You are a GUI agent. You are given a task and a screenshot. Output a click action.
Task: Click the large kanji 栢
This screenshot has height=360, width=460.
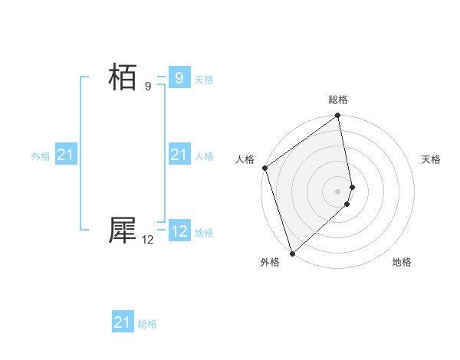pyautogui.click(x=123, y=78)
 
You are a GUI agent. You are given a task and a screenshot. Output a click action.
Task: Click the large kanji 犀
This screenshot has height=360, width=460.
pyautogui.click(x=123, y=230)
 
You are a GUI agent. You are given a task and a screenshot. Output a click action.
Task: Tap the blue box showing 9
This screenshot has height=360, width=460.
pyautogui.click(x=179, y=78)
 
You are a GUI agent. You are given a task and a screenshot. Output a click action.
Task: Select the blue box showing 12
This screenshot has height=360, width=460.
pyautogui.click(x=179, y=231)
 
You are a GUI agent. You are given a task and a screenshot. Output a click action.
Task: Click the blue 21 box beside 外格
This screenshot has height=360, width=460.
pyautogui.click(x=66, y=155)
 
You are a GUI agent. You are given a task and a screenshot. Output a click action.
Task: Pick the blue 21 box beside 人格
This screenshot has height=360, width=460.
pyautogui.click(x=179, y=155)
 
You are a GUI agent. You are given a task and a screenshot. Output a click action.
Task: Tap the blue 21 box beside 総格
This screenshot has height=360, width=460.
pyautogui.click(x=123, y=322)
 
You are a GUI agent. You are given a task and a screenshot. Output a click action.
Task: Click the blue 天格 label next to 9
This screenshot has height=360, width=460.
pyautogui.click(x=204, y=80)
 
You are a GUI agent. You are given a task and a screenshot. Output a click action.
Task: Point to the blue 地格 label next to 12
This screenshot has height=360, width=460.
pyautogui.click(x=204, y=233)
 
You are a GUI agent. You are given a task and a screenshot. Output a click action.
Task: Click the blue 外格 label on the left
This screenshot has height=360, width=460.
pyautogui.click(x=41, y=156)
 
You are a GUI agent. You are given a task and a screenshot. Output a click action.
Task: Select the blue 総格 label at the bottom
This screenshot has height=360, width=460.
pyautogui.click(x=147, y=324)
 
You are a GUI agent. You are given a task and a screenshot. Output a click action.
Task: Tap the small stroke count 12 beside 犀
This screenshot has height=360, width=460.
pyautogui.click(x=148, y=240)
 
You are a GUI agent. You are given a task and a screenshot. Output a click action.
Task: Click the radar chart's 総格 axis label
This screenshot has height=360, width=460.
pyautogui.click(x=338, y=100)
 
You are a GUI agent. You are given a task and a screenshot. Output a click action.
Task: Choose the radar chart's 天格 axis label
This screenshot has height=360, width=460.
pyautogui.click(x=432, y=159)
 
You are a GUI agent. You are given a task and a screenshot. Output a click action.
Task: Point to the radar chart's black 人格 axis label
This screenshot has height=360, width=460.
pyautogui.click(x=245, y=159)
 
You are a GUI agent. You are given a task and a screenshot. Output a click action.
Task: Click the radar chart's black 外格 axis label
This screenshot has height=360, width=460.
pyautogui.click(x=269, y=262)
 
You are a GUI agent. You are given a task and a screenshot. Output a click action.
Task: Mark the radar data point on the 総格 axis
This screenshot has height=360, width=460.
pyautogui.click(x=338, y=116)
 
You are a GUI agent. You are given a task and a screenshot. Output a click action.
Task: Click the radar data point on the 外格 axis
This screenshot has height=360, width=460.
pyautogui.click(x=292, y=253)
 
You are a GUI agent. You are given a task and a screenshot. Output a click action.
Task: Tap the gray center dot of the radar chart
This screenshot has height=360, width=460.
pyautogui.click(x=338, y=191)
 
